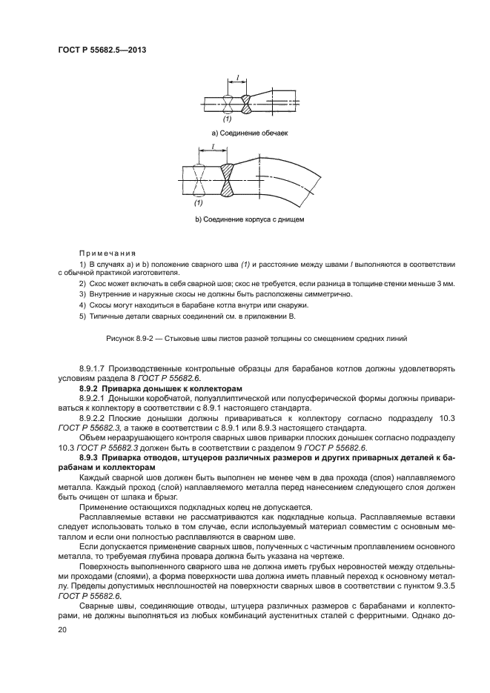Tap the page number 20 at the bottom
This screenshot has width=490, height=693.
[x=62, y=629]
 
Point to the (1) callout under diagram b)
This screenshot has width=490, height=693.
[x=198, y=203]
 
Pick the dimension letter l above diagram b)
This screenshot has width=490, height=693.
[x=213, y=147]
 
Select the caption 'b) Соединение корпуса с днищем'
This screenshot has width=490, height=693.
[x=249, y=220]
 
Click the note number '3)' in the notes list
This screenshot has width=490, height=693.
[x=82, y=294]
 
